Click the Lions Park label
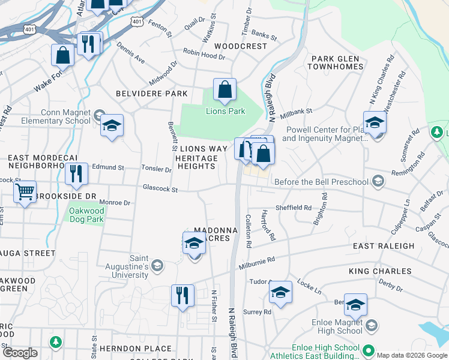coord(226,111)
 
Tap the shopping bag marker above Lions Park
coord(224,91)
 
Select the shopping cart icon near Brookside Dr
coord(25,193)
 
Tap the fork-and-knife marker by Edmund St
coord(76,173)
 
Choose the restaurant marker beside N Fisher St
coord(182,296)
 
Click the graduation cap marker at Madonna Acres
coord(194,244)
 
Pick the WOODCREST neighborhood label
coord(240,46)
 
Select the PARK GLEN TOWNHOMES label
coord(335,62)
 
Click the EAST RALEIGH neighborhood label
coord(384,246)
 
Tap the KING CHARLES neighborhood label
coord(380,271)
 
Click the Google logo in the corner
coord(20,353)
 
